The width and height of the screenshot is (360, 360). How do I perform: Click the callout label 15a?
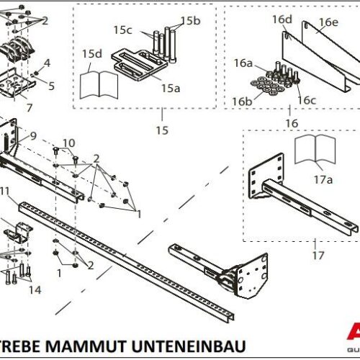point(170,88)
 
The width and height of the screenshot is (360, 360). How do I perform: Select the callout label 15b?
point(191,20)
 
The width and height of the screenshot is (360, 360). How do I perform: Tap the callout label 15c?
point(123,30)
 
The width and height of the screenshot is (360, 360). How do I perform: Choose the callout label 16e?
point(328,22)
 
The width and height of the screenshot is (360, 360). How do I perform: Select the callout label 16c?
point(307,99)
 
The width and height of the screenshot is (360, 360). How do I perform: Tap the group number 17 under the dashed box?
point(298,254)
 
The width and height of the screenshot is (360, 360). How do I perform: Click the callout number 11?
point(4,190)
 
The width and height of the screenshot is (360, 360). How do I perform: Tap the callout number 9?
point(32,135)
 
